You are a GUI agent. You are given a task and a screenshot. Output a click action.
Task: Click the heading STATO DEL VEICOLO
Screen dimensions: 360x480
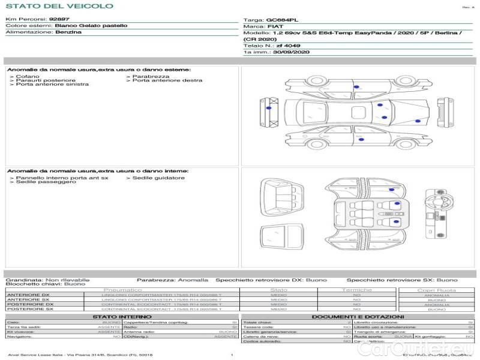pos(59,6)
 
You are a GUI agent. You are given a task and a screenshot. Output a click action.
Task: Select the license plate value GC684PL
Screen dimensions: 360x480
pos(281,20)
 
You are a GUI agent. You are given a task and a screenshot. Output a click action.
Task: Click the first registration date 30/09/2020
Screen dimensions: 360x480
pos(292,52)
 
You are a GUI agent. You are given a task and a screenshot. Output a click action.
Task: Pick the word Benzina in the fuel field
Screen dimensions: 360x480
pos(68,32)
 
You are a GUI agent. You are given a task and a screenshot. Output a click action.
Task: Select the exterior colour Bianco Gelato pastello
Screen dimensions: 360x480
pos(91,26)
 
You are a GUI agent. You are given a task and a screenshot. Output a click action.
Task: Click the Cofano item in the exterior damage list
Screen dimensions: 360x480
pos(27,76)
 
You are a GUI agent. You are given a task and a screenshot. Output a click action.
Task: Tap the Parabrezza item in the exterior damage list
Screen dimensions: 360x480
pos(150,76)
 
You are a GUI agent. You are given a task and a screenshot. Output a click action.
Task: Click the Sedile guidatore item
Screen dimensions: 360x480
pos(158,178)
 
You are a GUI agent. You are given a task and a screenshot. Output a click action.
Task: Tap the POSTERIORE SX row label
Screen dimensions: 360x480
pos(28,309)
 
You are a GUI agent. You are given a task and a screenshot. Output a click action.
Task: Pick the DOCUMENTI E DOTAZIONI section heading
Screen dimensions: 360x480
pos(358,316)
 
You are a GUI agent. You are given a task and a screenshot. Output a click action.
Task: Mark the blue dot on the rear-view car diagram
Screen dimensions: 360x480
pos(268,108)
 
